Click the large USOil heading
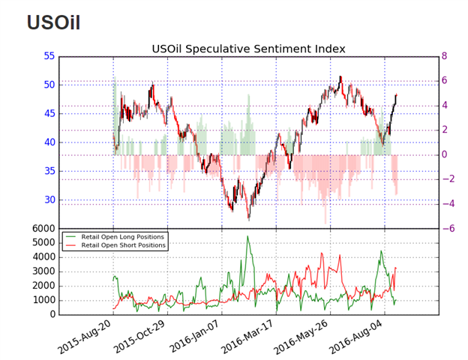(54, 22)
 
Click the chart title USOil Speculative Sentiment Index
(248, 49)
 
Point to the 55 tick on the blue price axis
(49, 55)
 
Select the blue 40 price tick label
(49, 142)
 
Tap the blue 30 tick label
(49, 199)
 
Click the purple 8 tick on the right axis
(444, 55)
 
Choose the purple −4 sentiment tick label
(448, 204)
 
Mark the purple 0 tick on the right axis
(445, 154)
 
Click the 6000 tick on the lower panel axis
(43, 229)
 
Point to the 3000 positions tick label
(43, 271)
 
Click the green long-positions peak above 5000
(247, 236)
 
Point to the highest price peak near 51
(340, 77)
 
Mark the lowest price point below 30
(249, 220)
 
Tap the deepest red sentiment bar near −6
(325, 223)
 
